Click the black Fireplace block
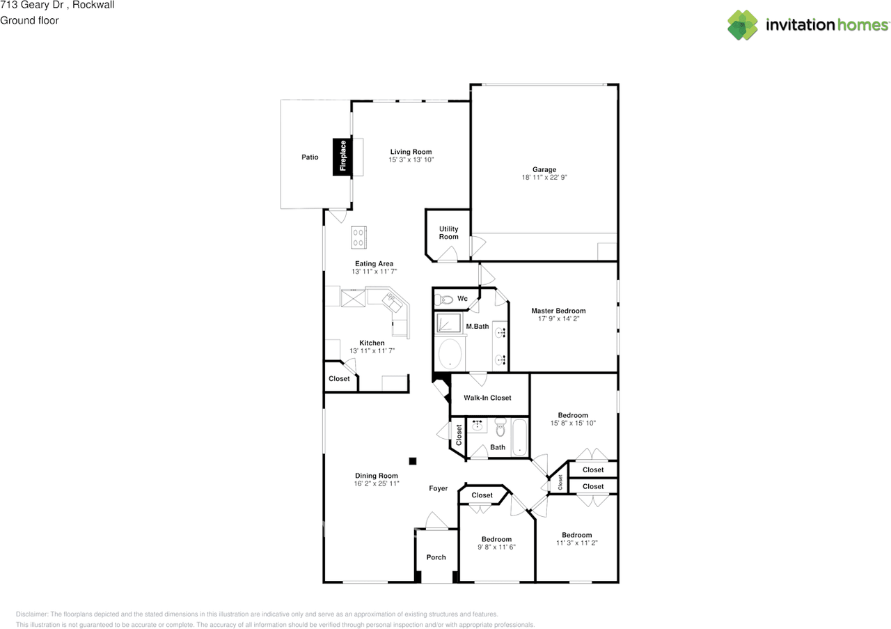[x=342, y=157]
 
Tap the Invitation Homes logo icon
[x=742, y=25]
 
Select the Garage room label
[x=544, y=169]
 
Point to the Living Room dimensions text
[x=411, y=160]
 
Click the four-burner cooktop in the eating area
[x=358, y=238]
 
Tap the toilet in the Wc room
[x=443, y=300]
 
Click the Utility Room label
[x=449, y=233]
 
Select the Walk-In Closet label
[x=487, y=398]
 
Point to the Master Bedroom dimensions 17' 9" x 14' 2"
[x=558, y=318]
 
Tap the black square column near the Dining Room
[x=413, y=461]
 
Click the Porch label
[x=436, y=557]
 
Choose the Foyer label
[x=438, y=488]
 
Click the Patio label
[x=310, y=157]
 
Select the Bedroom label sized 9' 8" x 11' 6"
[x=496, y=539]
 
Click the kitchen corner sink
[x=393, y=302]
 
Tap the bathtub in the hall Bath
[x=519, y=437]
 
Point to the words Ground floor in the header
[x=29, y=20]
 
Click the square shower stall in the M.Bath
[x=449, y=323]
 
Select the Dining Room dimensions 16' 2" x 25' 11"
[x=377, y=483]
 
